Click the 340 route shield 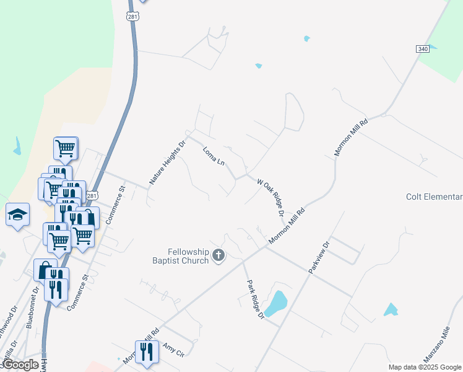[423, 48]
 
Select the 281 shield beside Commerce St [92, 196]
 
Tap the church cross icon [218, 255]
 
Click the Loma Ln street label [214, 156]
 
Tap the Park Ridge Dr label [255, 299]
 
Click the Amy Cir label [173, 349]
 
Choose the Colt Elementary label [434, 197]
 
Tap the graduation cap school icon [17, 215]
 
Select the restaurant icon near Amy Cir [147, 352]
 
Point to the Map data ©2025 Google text [425, 367]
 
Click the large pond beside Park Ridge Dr [276, 304]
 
